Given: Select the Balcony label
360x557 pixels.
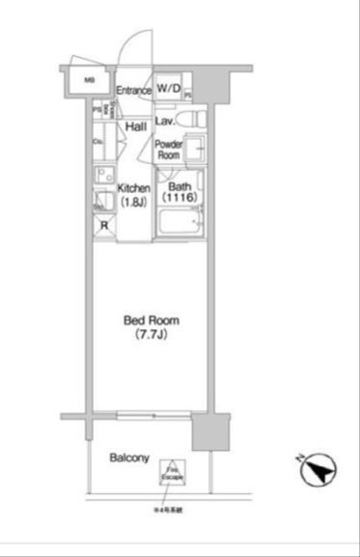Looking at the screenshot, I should [x=128, y=458].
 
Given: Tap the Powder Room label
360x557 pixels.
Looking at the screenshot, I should [x=170, y=149].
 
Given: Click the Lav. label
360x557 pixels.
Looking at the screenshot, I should [x=163, y=122].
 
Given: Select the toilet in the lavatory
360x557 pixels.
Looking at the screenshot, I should [x=192, y=120].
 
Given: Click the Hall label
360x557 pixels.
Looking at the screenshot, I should [x=134, y=125].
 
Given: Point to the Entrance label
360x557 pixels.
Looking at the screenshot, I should [x=134, y=91].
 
